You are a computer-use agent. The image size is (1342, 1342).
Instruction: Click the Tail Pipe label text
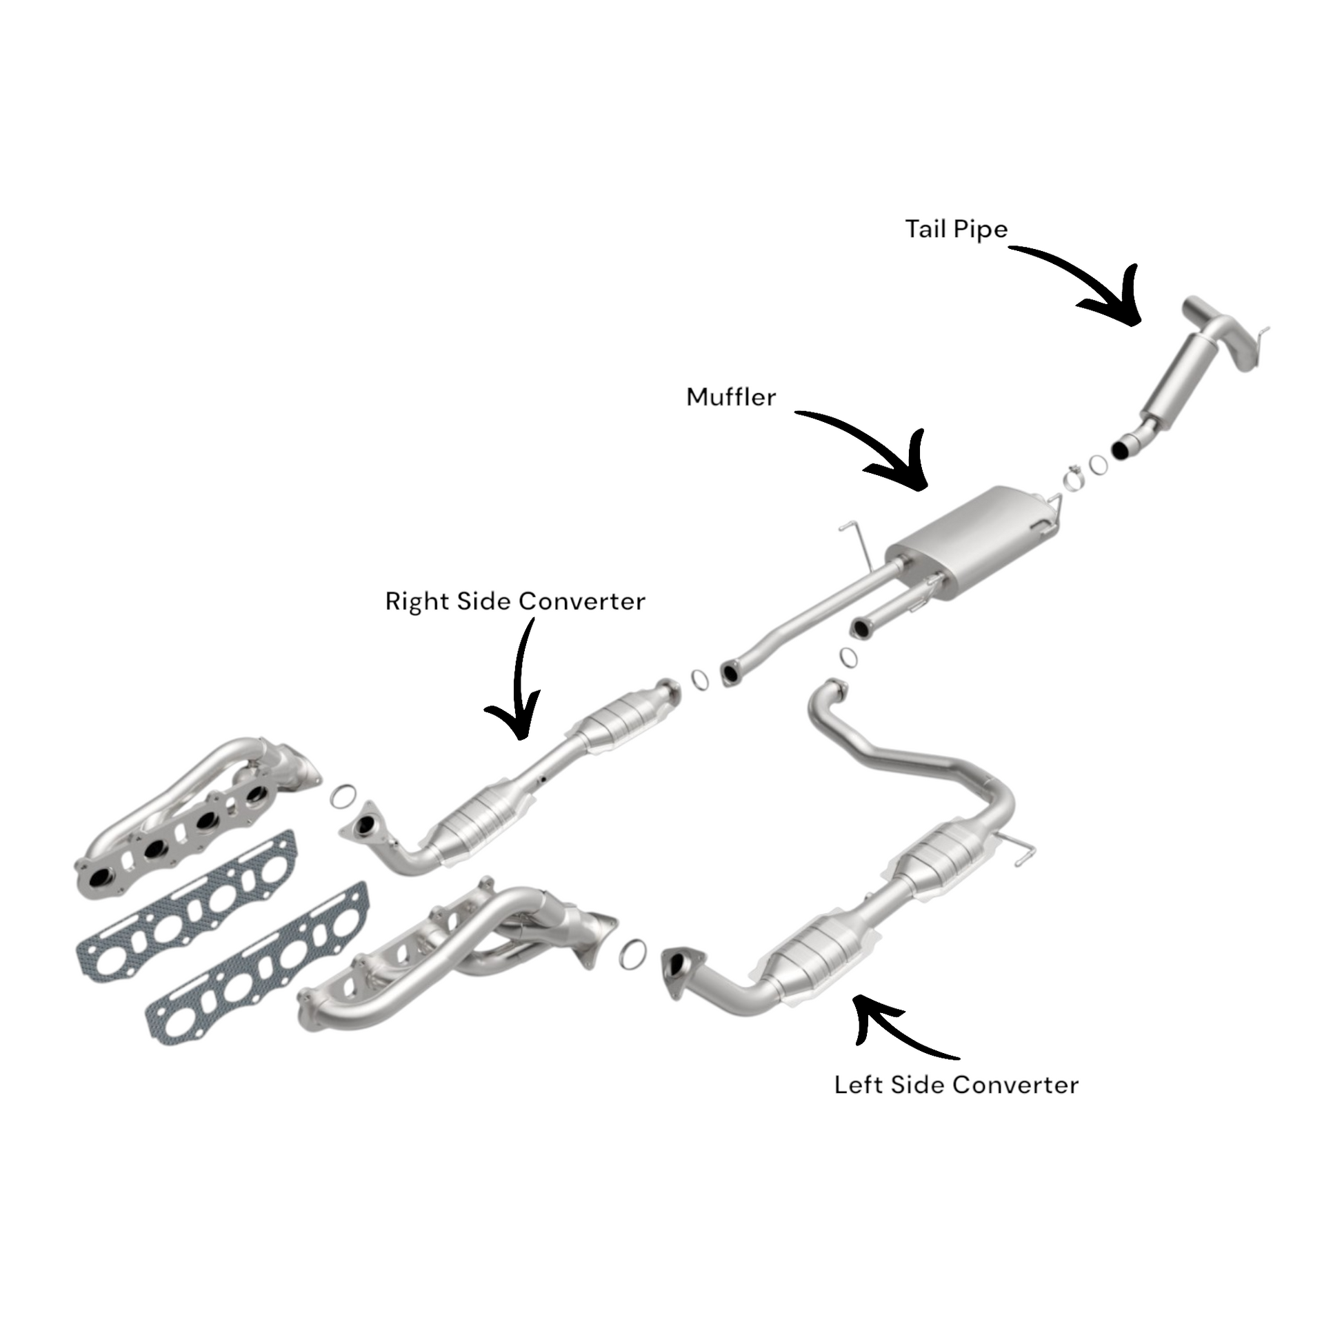pyautogui.click(x=956, y=229)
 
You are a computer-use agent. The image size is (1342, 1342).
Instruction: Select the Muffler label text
pyautogui.click(x=731, y=397)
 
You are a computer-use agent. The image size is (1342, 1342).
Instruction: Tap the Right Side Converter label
pyautogui.click(x=514, y=601)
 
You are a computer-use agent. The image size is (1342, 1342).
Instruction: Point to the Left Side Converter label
pyautogui.click(x=956, y=1085)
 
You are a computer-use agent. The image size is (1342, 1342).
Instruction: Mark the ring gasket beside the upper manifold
pyautogui.click(x=343, y=797)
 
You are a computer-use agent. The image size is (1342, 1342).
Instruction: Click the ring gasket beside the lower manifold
pyautogui.click(x=632, y=954)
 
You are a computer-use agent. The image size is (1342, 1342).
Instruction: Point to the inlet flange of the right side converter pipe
pyautogui.click(x=363, y=826)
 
